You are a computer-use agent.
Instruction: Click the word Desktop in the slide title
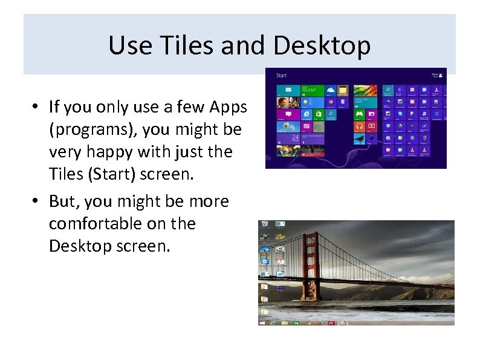click(322, 45)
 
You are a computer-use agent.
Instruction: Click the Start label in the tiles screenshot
click(281, 76)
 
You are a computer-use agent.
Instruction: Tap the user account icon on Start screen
click(441, 76)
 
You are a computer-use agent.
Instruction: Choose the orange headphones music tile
click(360, 126)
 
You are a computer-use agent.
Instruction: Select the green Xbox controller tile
click(360, 114)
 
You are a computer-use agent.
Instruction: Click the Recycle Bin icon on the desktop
click(265, 225)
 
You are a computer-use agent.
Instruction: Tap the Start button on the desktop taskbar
click(262, 322)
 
